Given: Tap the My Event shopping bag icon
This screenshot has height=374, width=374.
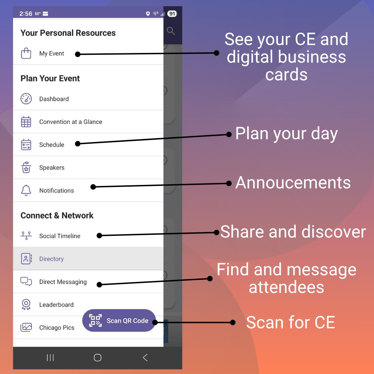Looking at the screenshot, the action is (x=26, y=53).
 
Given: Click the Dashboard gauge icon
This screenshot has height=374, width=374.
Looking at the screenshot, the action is (x=26, y=99).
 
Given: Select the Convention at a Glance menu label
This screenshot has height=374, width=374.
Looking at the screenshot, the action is (x=71, y=122).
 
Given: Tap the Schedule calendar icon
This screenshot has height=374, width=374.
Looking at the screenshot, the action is (x=26, y=144).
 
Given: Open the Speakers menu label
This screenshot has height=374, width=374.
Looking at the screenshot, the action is (x=52, y=168).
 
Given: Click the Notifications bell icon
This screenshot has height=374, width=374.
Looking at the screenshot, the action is (x=26, y=190).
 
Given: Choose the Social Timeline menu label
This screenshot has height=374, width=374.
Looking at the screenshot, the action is (x=60, y=236).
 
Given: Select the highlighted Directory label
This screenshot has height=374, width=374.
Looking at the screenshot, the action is (x=51, y=259).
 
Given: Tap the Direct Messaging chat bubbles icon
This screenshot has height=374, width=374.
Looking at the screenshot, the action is (x=26, y=282).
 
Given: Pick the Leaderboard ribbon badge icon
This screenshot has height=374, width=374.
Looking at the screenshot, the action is (x=26, y=305).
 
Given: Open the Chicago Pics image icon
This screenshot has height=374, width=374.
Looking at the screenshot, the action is (x=26, y=327).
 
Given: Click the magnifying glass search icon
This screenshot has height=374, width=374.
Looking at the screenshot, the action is (x=171, y=31).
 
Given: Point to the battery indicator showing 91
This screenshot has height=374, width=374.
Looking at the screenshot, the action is (x=172, y=14).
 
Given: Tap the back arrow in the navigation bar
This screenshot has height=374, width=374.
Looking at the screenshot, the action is (x=145, y=357).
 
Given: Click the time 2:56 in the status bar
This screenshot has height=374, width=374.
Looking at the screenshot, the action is (x=26, y=14).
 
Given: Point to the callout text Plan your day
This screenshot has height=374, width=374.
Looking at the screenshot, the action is (x=286, y=134).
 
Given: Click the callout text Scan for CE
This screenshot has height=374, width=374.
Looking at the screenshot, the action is (x=291, y=322).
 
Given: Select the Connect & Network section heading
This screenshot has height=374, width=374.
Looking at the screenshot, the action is (x=57, y=215).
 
